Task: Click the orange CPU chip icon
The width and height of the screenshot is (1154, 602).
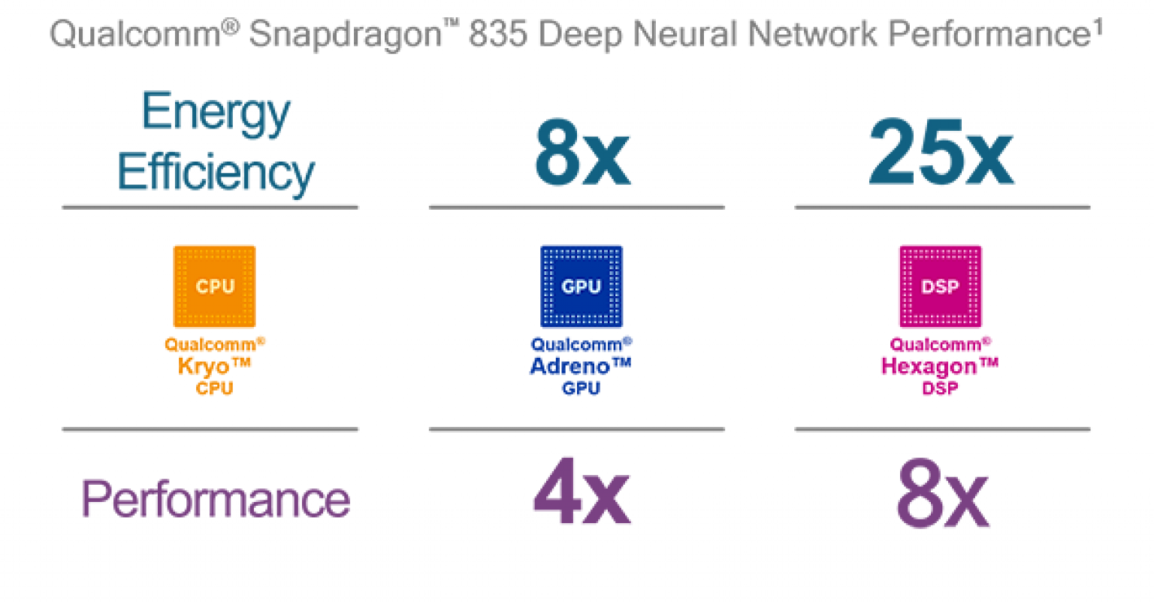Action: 214,286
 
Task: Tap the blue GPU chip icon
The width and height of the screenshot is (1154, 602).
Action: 582,286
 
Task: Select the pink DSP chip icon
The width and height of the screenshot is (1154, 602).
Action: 940,286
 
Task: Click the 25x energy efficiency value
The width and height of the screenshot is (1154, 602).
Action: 941,153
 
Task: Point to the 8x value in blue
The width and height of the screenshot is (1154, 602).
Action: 582,153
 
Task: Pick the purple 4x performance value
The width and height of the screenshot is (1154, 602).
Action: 582,497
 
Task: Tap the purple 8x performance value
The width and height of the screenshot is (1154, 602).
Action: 942,497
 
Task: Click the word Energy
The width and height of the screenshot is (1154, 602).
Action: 216,113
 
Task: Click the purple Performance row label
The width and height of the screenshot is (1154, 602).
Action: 216,499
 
